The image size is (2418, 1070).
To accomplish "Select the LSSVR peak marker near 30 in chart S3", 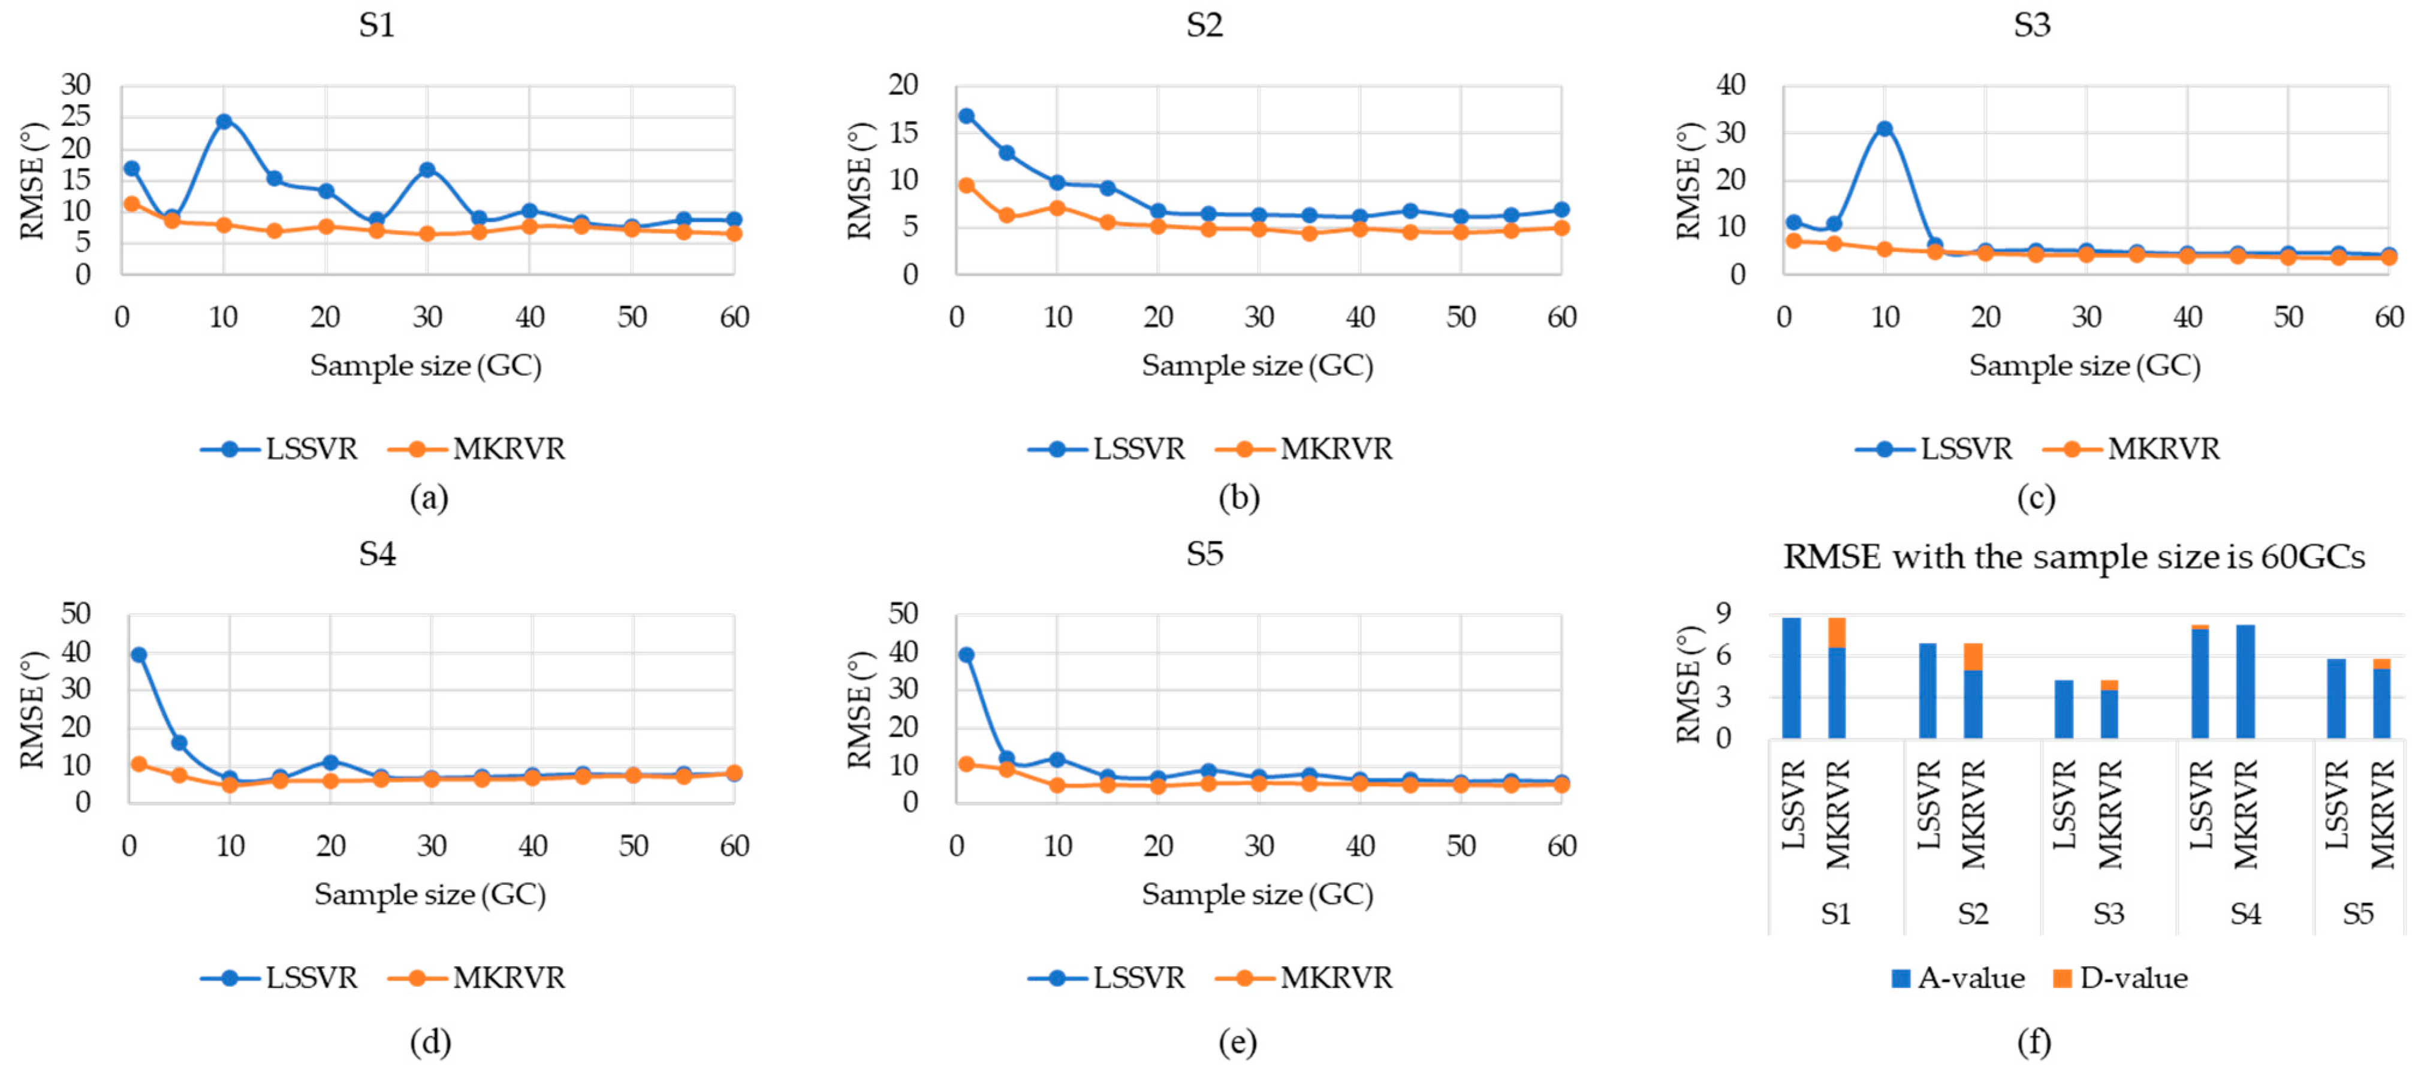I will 1884,129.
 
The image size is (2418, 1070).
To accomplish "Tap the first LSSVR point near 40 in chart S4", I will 139,654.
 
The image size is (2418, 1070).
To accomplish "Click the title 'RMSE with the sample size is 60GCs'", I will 2073,557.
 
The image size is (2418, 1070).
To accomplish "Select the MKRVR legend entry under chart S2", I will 1305,448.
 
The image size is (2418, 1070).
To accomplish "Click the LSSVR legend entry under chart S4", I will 280,977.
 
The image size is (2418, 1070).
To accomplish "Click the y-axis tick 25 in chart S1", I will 76,116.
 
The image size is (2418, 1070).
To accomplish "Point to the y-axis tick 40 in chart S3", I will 1730,85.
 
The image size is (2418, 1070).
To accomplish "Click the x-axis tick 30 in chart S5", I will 1259,846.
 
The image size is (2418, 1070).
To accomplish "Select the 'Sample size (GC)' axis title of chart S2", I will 1257,365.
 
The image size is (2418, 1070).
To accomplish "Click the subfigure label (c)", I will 2035,498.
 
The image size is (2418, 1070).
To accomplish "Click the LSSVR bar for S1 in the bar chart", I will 1791,677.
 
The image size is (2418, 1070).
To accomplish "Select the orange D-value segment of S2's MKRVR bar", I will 1973,656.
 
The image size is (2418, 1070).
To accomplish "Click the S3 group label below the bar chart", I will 2108,914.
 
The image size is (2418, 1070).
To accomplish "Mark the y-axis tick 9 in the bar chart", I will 1723,613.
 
